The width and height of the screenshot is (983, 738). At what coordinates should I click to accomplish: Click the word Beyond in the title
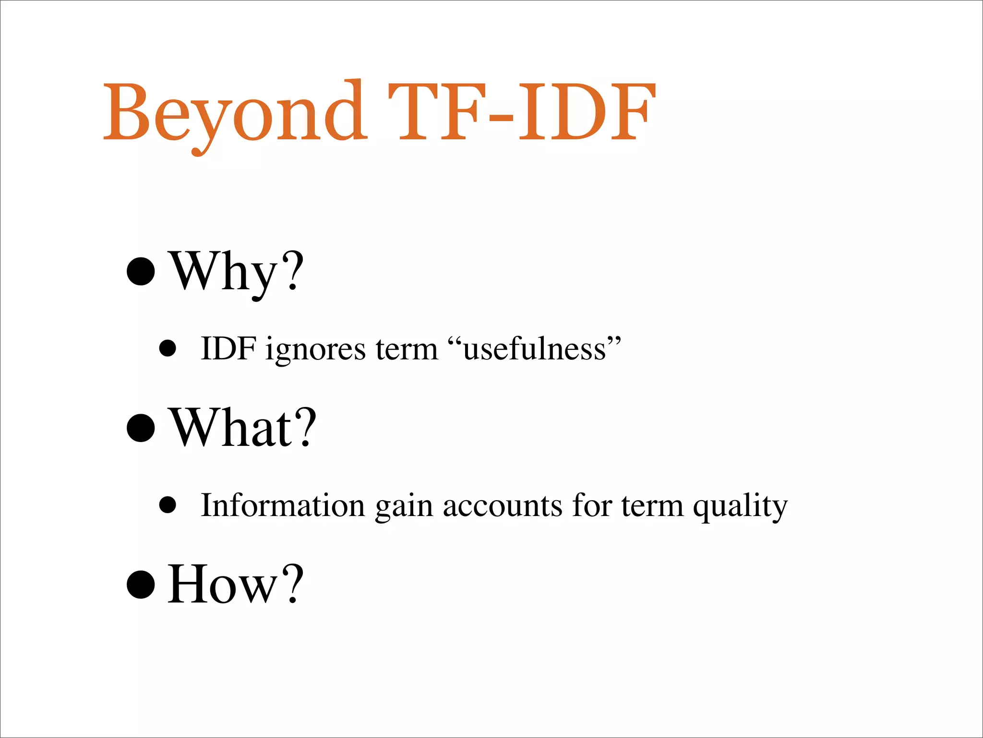coord(234,113)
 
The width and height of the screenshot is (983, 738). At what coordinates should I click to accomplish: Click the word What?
coord(243,428)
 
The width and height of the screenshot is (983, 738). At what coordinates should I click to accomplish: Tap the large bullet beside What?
coord(141,428)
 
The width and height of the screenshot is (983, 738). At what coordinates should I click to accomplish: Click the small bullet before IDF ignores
coord(168,348)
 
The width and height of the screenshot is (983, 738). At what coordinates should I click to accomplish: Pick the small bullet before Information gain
coord(168,505)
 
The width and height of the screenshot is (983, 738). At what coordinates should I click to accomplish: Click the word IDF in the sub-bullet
coord(228,348)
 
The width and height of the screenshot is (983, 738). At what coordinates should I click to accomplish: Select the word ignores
coord(315,350)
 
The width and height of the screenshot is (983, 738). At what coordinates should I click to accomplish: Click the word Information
coord(283,505)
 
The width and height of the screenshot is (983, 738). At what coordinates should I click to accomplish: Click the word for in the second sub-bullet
coord(592,505)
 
